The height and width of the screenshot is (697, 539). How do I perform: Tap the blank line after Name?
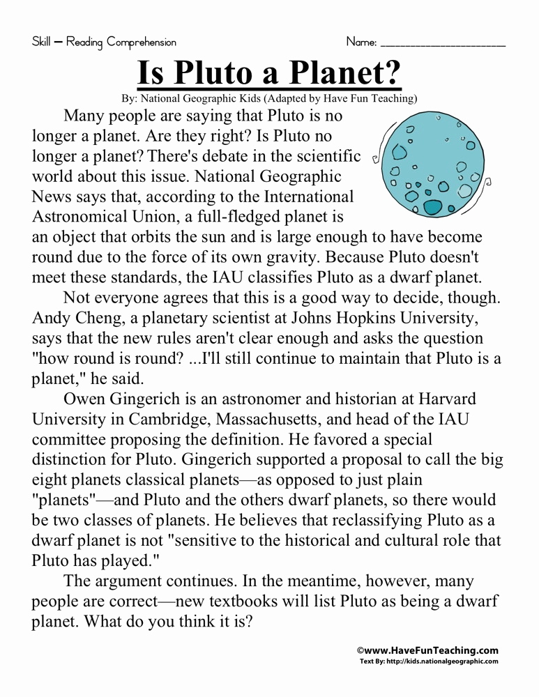click(x=443, y=43)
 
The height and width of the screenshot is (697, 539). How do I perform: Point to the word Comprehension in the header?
click(x=142, y=43)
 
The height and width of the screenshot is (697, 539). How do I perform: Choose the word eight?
click(x=52, y=480)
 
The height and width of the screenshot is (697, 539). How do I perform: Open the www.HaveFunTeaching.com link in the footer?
click(x=431, y=650)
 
